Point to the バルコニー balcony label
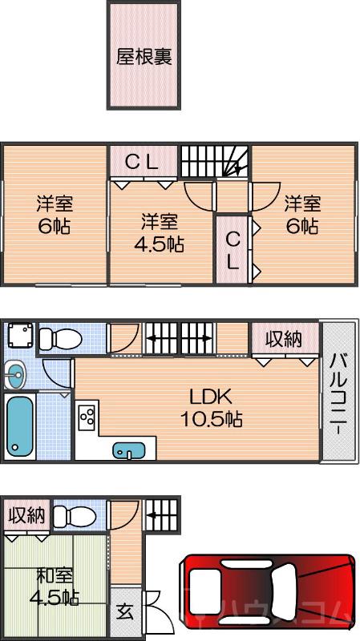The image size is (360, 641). tap(338, 393)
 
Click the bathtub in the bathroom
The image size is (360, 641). tap(19, 425)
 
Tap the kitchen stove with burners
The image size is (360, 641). tap(87, 417)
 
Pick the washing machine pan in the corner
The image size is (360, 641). tap(19, 336)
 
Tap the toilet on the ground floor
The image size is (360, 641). tap(75, 515)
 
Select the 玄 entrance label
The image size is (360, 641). tap(126, 611)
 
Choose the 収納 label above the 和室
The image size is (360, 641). tap(26, 515)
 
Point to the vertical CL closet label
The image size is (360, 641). tap(232, 249)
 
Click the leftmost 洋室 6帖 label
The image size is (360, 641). tap(53, 214)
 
